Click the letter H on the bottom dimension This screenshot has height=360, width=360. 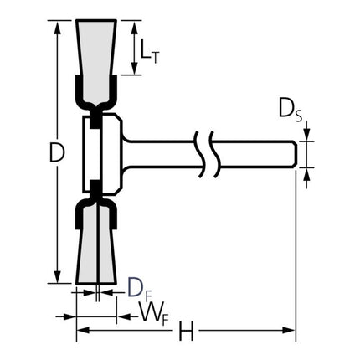point(186,332)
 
